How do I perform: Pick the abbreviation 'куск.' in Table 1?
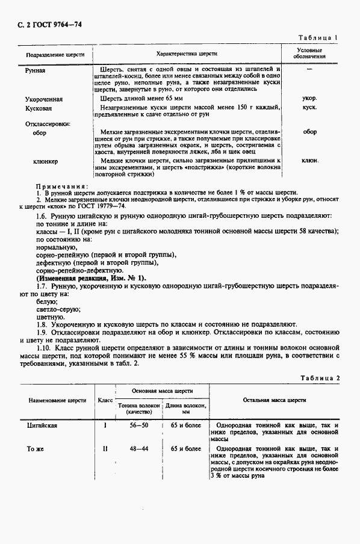point(310,108)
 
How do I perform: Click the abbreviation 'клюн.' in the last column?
point(310,161)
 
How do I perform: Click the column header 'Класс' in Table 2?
point(105,400)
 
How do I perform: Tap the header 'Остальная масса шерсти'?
point(274,400)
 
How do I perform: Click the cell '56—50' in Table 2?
point(138,425)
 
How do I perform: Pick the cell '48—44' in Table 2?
point(138,448)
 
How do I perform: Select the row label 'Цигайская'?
point(42,425)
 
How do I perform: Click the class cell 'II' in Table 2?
point(105,448)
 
